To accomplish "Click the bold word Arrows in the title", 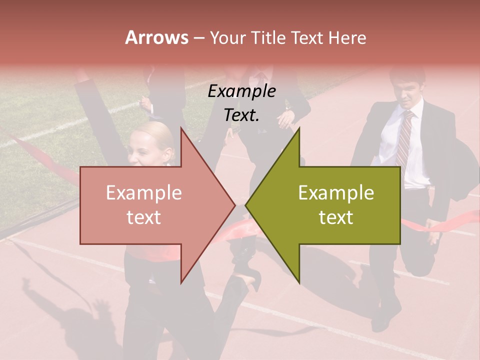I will [x=156, y=37].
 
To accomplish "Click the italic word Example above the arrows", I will [x=241, y=91].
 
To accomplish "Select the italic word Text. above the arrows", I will [x=241, y=115].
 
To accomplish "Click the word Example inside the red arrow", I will [x=143, y=193].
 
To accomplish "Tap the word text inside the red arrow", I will [x=143, y=217].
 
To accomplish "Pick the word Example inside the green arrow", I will [x=336, y=193].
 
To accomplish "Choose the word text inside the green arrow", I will [x=336, y=217].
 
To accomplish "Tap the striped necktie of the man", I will [x=404, y=137].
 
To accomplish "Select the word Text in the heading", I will [x=308, y=37].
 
